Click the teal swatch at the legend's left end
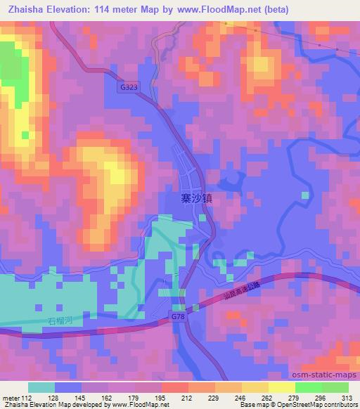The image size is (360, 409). [41, 387]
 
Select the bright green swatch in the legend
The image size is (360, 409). [307, 387]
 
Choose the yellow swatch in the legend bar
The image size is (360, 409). [254, 387]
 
